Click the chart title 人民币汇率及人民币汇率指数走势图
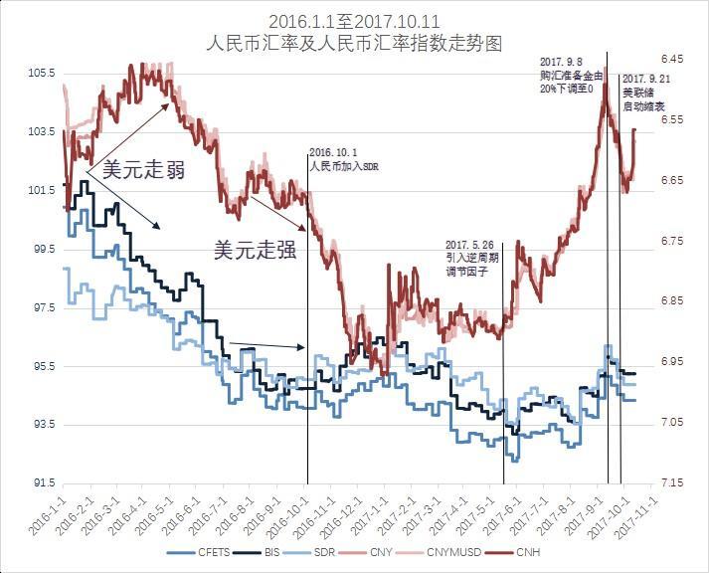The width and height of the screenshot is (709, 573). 353,44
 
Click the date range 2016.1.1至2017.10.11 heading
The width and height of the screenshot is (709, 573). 353,21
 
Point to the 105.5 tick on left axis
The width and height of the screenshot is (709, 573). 40,73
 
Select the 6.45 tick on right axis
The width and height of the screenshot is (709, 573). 673,60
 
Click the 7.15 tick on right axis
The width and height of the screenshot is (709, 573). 673,483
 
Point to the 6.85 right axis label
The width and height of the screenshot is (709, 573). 673,301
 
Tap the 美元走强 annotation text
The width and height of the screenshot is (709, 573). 256,250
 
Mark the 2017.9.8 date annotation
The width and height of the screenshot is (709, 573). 561,61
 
